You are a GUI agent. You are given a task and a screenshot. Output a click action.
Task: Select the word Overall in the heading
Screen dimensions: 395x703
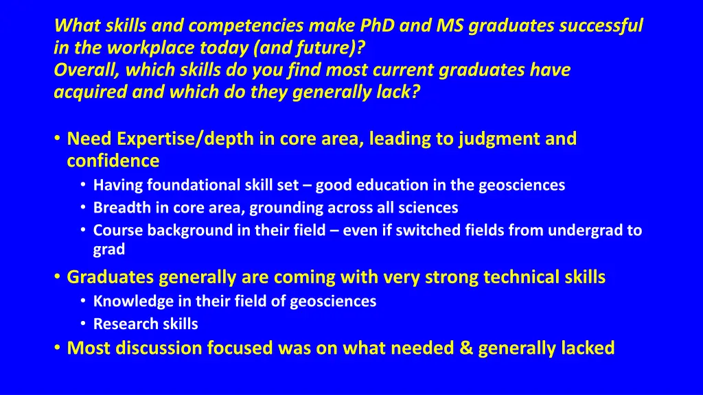tap(81, 71)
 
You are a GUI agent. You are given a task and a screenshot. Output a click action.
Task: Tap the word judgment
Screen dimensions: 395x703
tap(497, 139)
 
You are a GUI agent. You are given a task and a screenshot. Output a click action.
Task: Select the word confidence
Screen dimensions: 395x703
tap(113, 161)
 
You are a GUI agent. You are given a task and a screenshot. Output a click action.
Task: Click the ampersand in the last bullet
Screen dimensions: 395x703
tap(468, 348)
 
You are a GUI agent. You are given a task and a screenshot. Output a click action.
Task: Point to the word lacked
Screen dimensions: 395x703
tap(588, 348)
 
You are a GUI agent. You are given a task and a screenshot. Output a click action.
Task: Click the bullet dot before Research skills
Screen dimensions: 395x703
tap(82, 324)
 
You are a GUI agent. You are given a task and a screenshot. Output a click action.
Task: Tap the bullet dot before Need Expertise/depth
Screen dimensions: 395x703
tap(56, 139)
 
